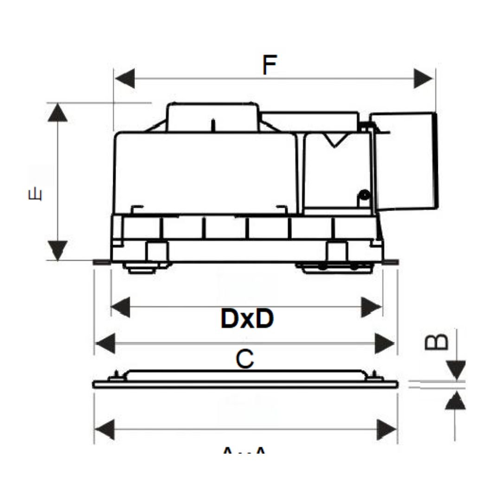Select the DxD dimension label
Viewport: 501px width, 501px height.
[x=247, y=319]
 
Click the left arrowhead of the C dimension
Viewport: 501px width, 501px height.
[x=105, y=344]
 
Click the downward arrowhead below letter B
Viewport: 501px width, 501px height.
[x=456, y=371]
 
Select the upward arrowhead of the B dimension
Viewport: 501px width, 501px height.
[x=456, y=400]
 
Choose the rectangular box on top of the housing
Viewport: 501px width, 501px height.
[x=212, y=117]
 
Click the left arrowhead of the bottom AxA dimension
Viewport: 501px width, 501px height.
[x=105, y=429]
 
